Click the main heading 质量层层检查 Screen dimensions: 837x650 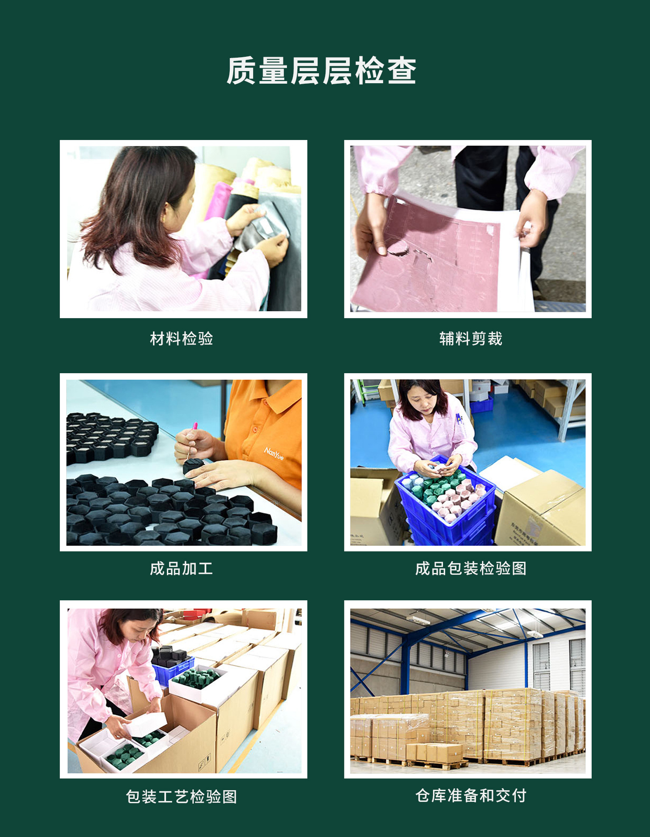(x=321, y=71)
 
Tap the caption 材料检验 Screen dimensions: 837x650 (x=181, y=339)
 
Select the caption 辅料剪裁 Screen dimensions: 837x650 (x=471, y=339)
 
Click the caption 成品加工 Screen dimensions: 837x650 (x=181, y=568)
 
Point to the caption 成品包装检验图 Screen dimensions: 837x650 (x=471, y=568)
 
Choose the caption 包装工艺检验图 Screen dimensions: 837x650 (x=181, y=796)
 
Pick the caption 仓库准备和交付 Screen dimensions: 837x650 (x=471, y=796)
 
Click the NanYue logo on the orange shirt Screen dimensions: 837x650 (x=274, y=453)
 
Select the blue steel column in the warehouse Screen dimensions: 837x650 (x=405, y=667)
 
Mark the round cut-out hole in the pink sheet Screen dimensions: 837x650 (x=398, y=248)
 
